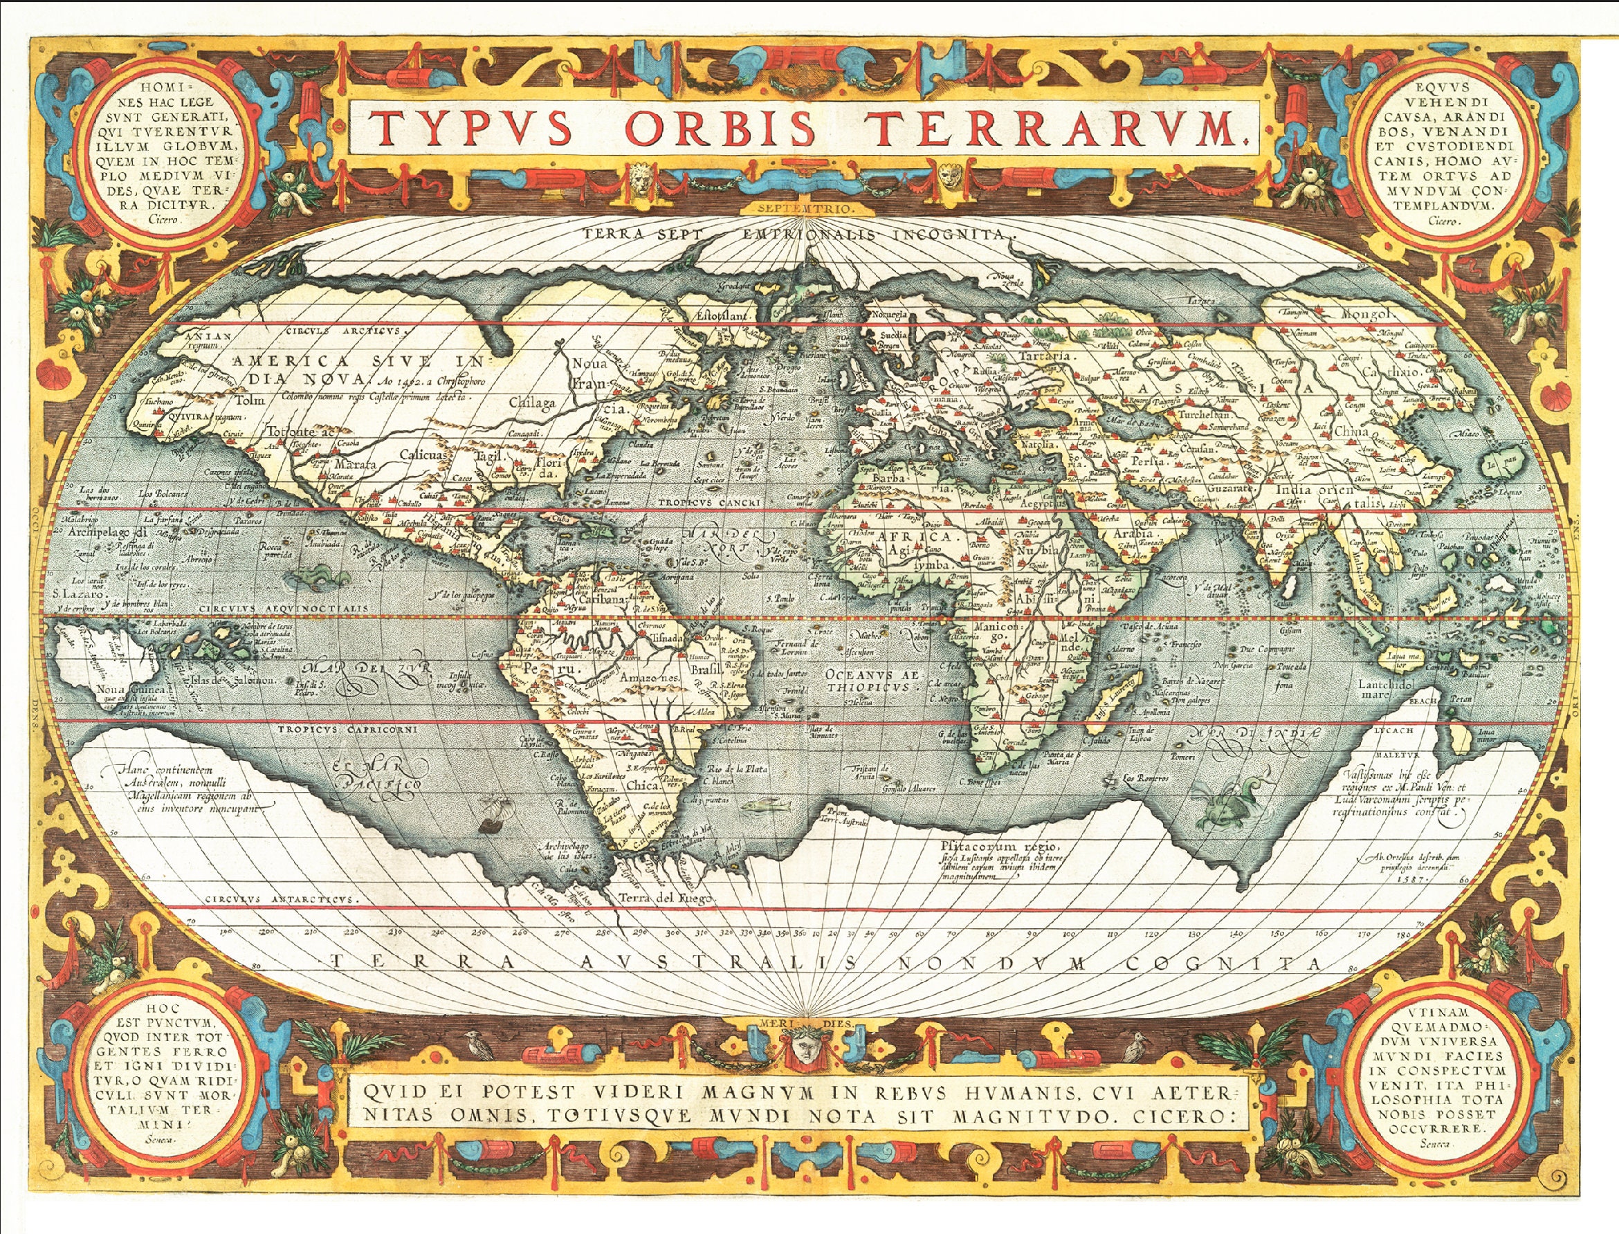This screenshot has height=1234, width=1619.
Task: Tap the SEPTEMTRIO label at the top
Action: point(809,209)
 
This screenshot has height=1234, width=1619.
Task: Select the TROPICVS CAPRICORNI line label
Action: point(347,729)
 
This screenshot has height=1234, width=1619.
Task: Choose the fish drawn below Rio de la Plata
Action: point(764,806)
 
